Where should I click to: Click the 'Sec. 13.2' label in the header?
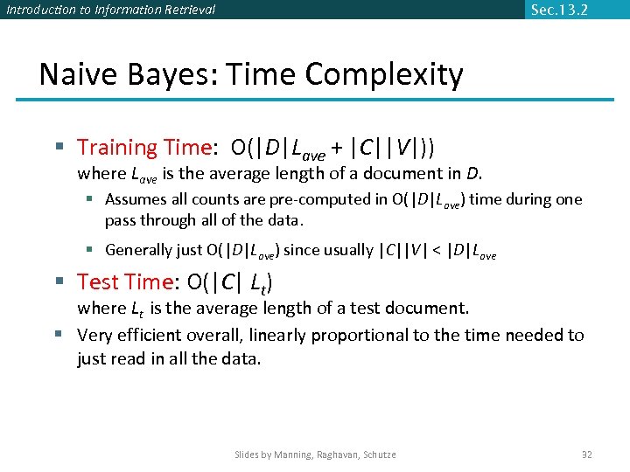click(559, 10)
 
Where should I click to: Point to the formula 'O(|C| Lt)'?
click(230, 282)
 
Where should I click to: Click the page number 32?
click(587, 455)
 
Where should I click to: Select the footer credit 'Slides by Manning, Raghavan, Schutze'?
click(315, 455)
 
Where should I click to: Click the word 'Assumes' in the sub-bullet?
click(133, 199)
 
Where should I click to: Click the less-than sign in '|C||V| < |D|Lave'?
click(435, 250)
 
